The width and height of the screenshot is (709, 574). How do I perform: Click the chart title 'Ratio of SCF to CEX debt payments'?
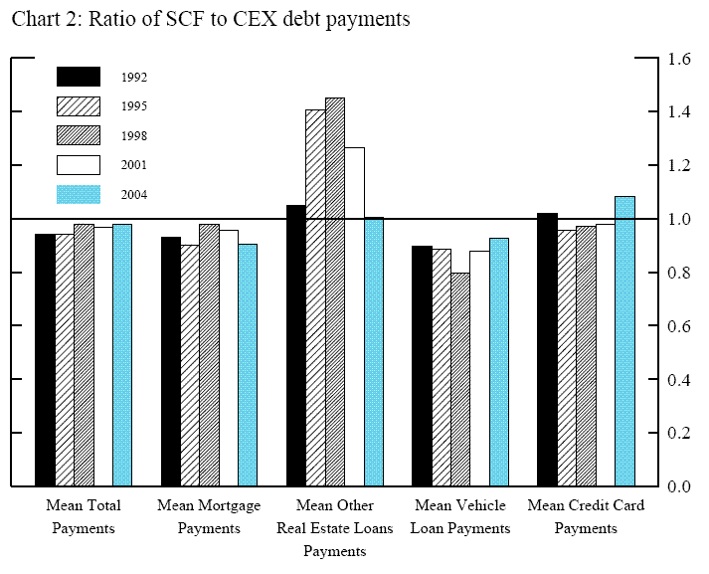[x=253, y=20]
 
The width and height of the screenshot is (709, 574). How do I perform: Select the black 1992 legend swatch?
[x=79, y=77]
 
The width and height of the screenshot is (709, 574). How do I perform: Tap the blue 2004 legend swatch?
[x=79, y=194]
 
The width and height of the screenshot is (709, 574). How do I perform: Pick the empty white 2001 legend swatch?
[x=79, y=164]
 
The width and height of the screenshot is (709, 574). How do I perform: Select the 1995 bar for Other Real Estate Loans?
[x=315, y=297]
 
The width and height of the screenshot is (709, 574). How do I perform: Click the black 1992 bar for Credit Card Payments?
[x=547, y=349]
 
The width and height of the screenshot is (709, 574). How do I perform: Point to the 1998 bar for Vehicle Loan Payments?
[x=460, y=379]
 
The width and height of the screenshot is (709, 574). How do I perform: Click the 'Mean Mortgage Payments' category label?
[x=209, y=516]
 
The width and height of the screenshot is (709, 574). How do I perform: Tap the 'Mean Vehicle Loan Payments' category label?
[x=460, y=516]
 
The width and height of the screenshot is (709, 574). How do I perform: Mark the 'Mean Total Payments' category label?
[x=84, y=516]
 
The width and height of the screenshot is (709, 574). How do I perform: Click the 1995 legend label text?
[x=134, y=105]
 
